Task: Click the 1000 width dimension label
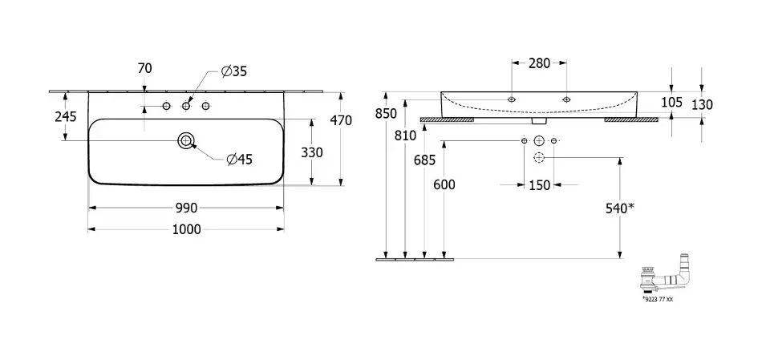(x=186, y=229)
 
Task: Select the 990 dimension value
(x=186, y=208)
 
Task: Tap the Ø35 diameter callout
(x=234, y=71)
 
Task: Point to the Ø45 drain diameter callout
(x=239, y=159)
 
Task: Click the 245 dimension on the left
(x=65, y=116)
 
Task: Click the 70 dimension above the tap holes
(x=144, y=69)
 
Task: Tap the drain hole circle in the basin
(x=186, y=141)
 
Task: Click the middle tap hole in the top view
(x=186, y=107)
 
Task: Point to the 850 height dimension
(x=386, y=114)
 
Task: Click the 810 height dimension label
(x=406, y=136)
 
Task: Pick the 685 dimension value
(x=425, y=160)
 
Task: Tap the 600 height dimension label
(x=444, y=184)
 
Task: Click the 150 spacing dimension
(x=539, y=186)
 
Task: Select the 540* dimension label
(x=619, y=208)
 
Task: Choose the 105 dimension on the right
(x=672, y=102)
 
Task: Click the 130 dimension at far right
(x=702, y=104)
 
